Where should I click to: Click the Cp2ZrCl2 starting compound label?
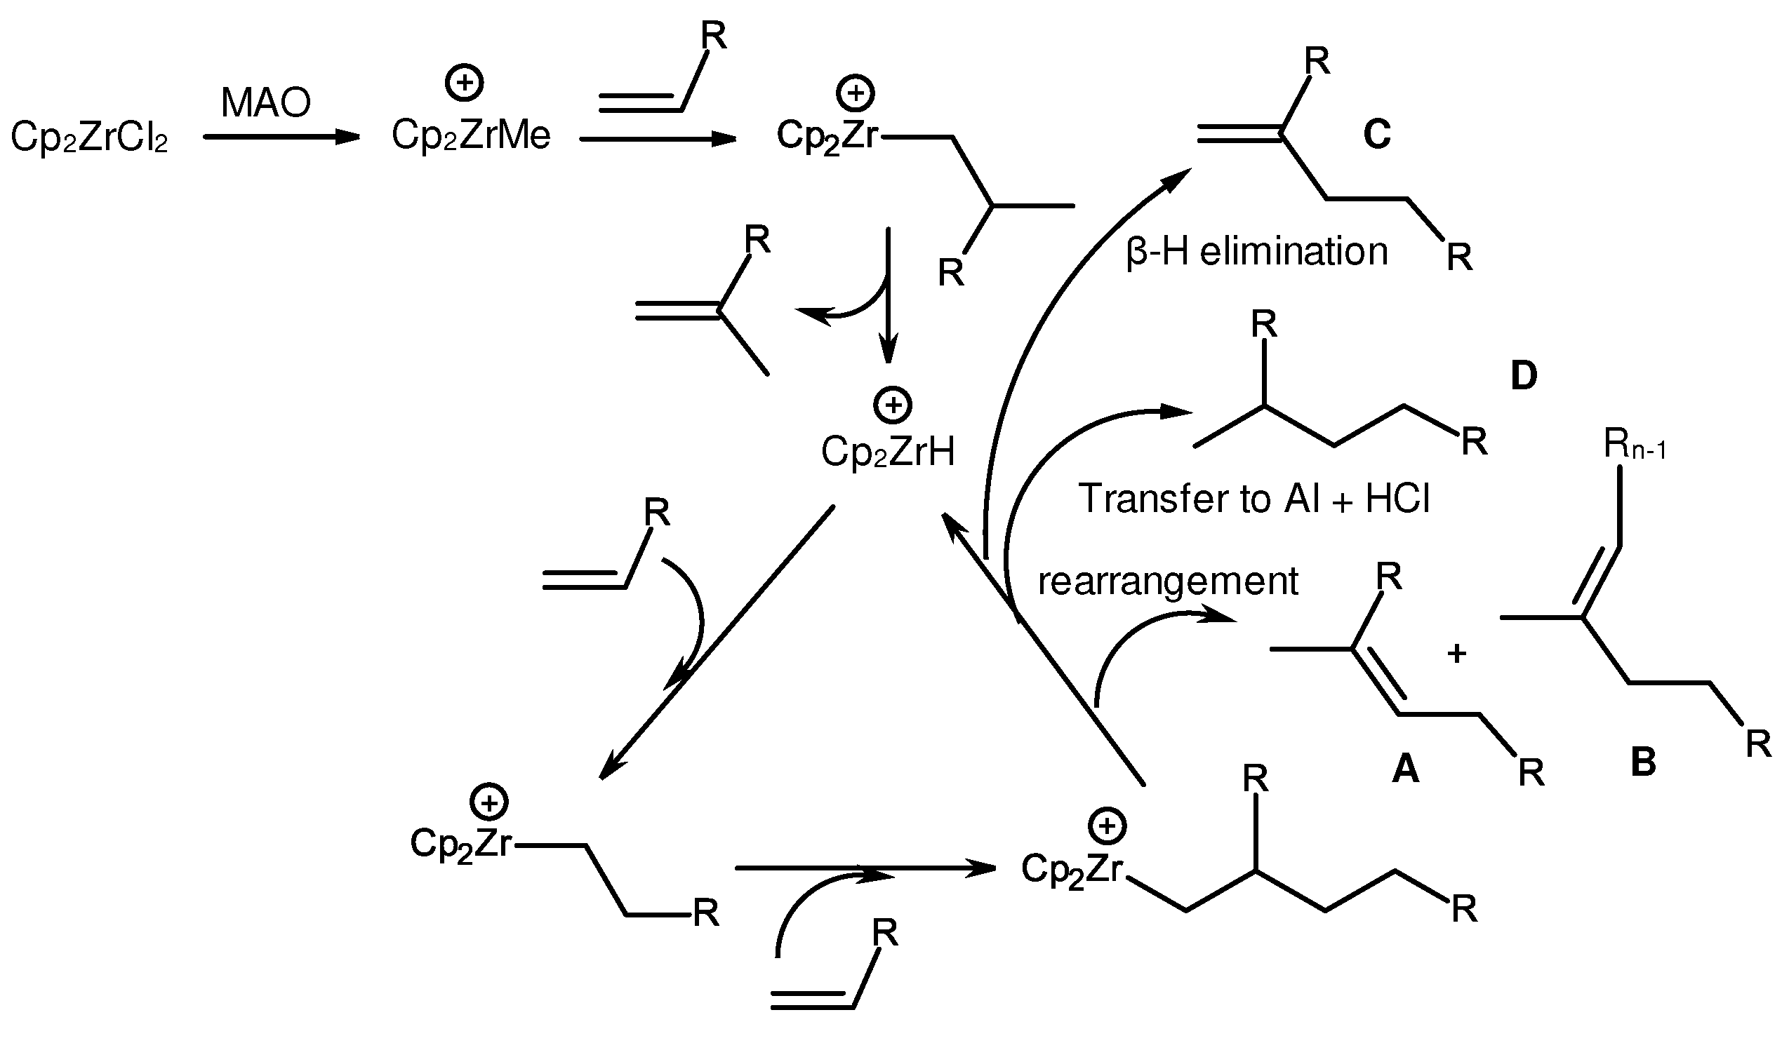point(89,137)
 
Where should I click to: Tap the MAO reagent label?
point(265,103)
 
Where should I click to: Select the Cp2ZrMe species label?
point(471,135)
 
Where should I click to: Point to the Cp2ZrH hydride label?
point(887,451)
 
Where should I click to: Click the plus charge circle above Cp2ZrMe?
point(465,83)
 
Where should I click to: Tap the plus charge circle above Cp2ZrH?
point(892,405)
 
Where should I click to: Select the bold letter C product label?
point(1376,133)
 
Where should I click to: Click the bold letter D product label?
point(1524,375)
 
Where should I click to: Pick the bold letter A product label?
point(1405,769)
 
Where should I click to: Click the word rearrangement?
point(1168,580)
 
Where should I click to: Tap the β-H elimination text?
point(1256,252)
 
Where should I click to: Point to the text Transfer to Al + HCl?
point(1253,498)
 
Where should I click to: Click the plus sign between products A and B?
point(1457,654)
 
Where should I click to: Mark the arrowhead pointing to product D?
point(1178,412)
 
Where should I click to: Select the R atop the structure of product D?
point(1263,325)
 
